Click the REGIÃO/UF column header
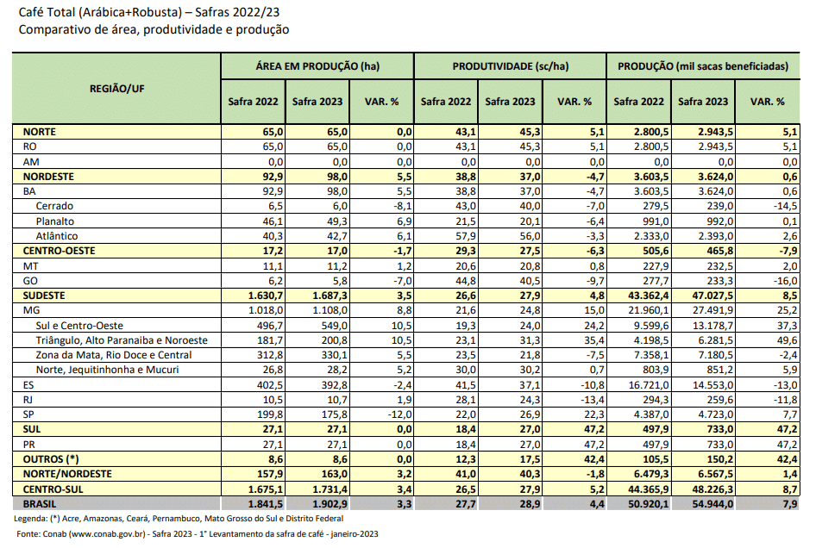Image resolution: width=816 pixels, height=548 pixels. (x=116, y=88)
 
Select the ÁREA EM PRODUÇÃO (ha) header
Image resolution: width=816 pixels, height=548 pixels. (x=317, y=65)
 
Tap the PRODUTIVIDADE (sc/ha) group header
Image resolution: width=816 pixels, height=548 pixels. (x=511, y=65)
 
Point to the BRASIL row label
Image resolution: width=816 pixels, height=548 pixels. (x=41, y=502)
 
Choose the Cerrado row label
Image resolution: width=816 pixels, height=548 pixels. (x=55, y=206)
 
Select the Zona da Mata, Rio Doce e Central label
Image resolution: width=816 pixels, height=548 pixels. (x=113, y=354)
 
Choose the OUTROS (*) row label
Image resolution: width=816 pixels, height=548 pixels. (x=51, y=458)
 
